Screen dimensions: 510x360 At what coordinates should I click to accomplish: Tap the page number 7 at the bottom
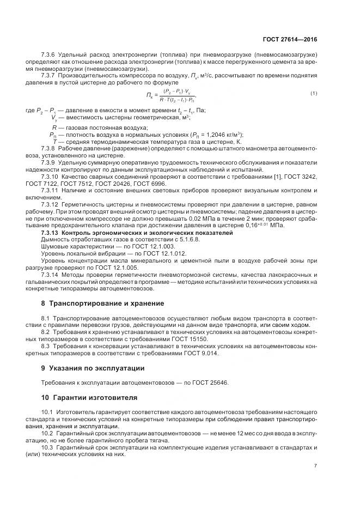point(315,466)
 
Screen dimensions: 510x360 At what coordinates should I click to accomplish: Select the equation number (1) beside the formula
point(313,93)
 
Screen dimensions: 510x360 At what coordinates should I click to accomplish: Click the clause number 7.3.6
point(50,56)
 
